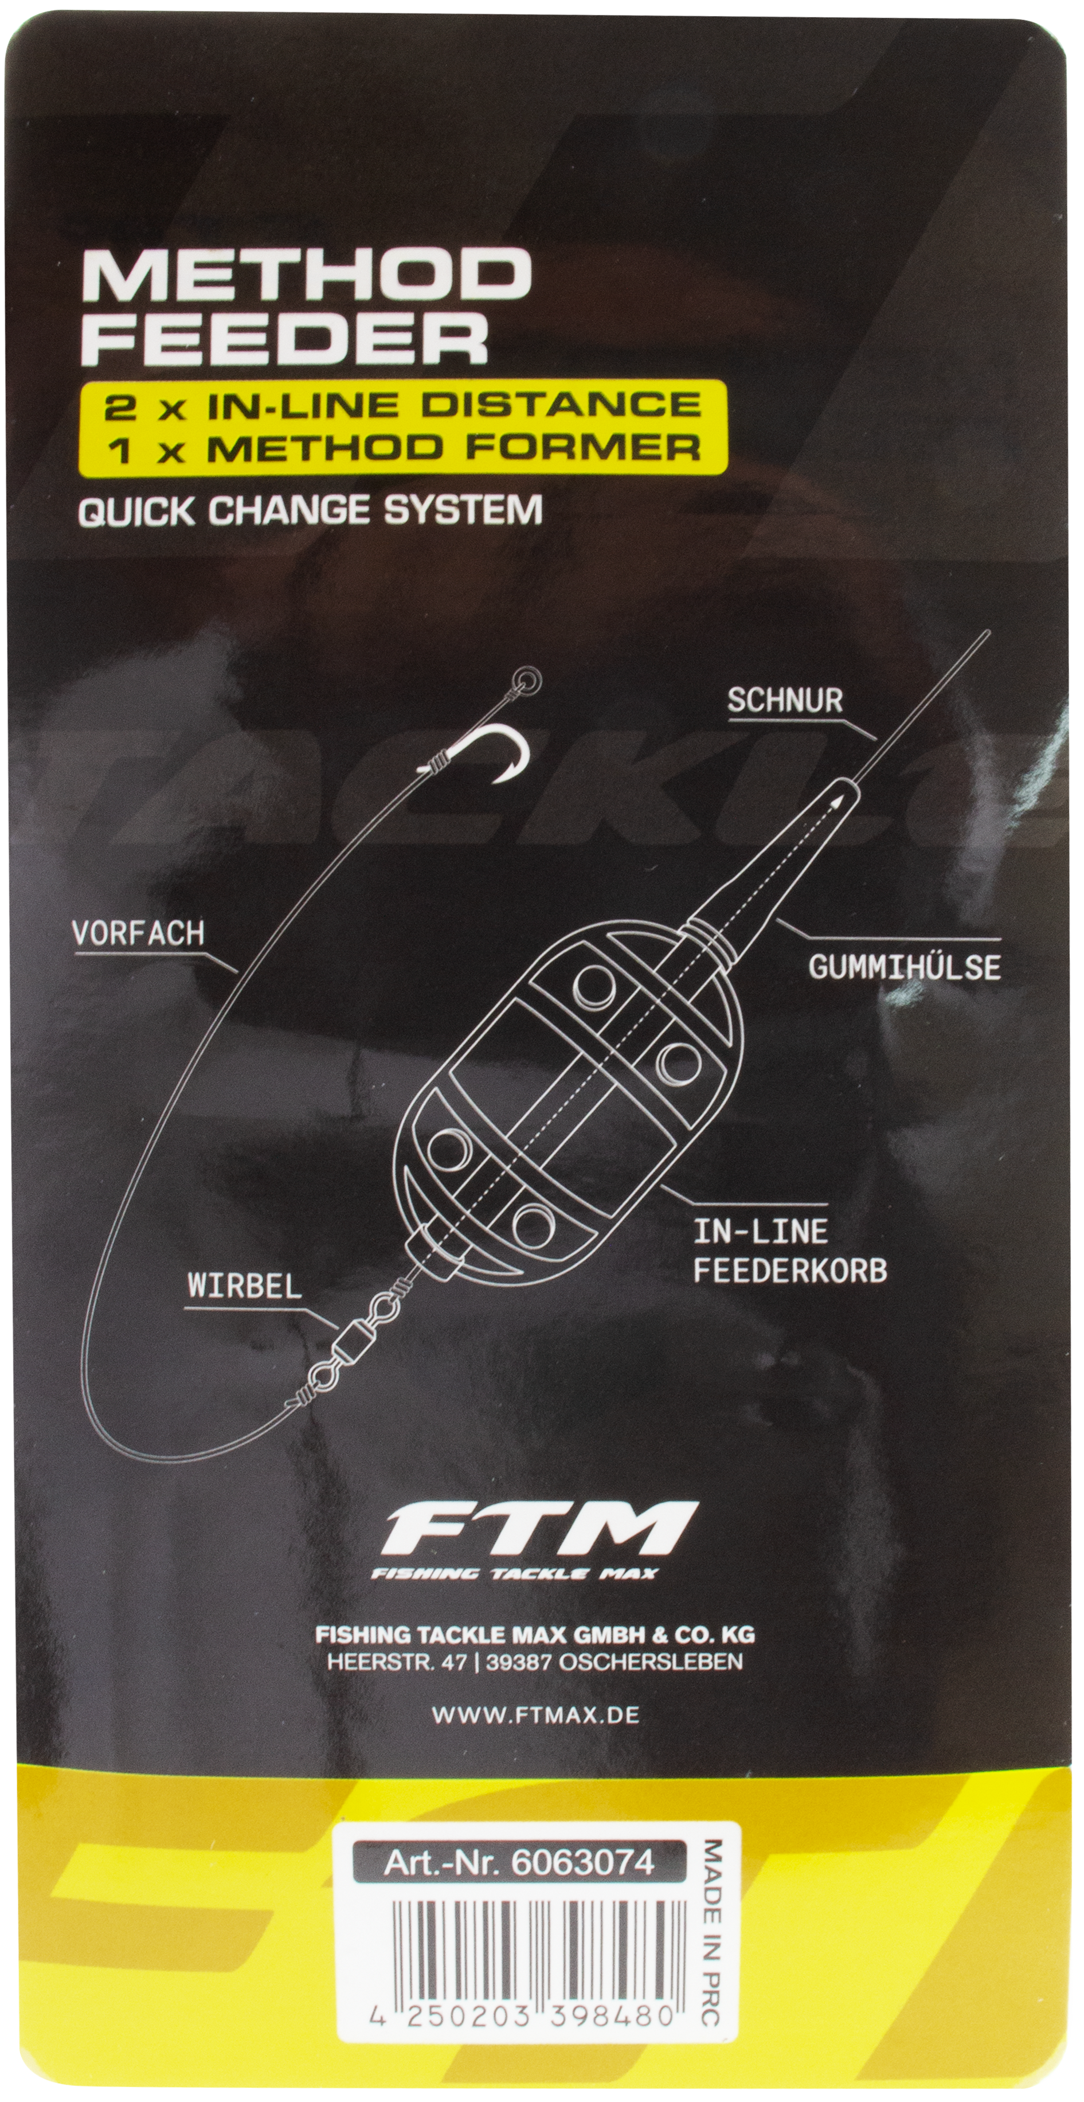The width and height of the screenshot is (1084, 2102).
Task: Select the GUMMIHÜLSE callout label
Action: [904, 967]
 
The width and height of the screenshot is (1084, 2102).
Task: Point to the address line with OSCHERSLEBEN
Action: [534, 1662]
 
